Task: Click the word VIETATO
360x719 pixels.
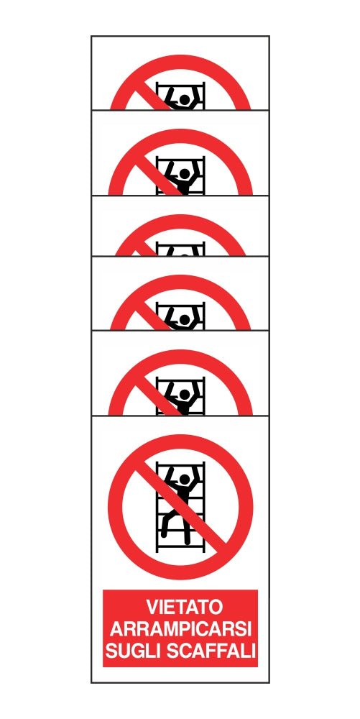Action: point(180,607)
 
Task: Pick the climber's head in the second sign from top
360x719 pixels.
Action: point(185,173)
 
